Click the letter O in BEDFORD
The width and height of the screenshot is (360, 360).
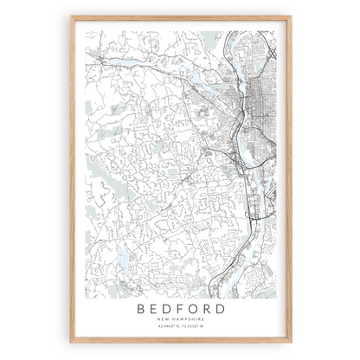[195, 307]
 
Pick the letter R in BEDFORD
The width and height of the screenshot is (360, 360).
[210, 307]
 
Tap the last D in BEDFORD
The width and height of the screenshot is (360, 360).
[225, 307]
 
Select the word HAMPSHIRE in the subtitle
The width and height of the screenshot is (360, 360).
[187, 319]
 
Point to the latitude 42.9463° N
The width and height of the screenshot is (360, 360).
[165, 327]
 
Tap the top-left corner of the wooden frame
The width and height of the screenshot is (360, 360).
[72, 16]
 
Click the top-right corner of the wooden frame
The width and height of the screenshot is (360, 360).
[291, 16]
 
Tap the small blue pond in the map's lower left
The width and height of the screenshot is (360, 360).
[123, 256]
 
